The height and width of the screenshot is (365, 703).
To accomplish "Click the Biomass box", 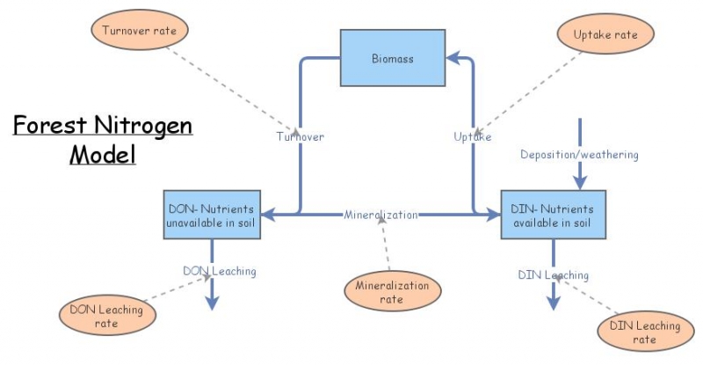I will (x=391, y=58).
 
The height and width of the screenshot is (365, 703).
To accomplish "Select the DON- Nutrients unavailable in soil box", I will (x=211, y=215).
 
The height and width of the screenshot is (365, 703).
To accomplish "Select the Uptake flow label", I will (x=472, y=136).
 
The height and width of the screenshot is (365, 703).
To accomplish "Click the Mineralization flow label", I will (x=380, y=214).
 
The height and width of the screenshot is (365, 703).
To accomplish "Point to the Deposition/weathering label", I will (x=578, y=155).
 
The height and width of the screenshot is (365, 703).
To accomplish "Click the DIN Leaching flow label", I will (x=553, y=275).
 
